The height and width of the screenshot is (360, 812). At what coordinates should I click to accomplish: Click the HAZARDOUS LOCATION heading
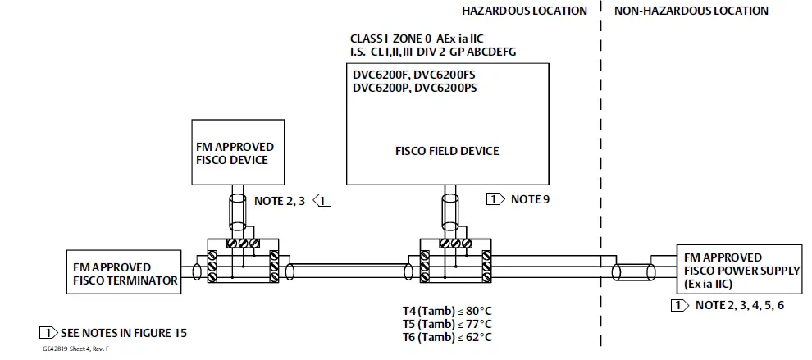pyautogui.click(x=525, y=11)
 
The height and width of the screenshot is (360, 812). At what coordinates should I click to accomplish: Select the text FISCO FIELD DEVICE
pyautogui.click(x=447, y=151)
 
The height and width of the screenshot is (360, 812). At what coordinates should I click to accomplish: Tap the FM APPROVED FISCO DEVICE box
pyautogui.click(x=239, y=153)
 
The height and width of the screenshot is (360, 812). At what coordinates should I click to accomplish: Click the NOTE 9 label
pyautogui.click(x=530, y=198)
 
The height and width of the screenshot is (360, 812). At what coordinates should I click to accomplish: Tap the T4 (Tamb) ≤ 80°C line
pyautogui.click(x=446, y=311)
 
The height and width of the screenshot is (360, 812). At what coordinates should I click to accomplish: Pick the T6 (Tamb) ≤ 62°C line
pyautogui.click(x=446, y=337)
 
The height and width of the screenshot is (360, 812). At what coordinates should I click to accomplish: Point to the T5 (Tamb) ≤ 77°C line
pyautogui.click(x=446, y=324)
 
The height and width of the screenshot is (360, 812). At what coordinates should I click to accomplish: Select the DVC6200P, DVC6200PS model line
pyautogui.click(x=414, y=88)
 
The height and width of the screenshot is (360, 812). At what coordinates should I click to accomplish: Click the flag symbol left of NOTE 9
pyautogui.click(x=495, y=198)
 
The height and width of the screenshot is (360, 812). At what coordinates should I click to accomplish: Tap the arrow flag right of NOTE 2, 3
pyautogui.click(x=324, y=199)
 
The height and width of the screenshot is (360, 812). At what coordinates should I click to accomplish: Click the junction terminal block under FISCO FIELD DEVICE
pyautogui.click(x=455, y=262)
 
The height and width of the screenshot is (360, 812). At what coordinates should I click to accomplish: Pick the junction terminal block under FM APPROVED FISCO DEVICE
pyautogui.click(x=243, y=262)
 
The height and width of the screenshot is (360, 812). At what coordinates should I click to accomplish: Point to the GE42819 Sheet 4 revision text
pyautogui.click(x=76, y=349)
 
